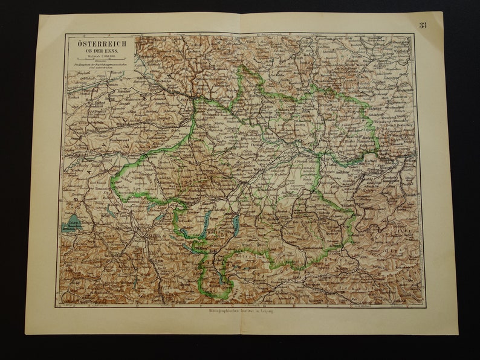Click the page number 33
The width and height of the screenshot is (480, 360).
coord(422,25)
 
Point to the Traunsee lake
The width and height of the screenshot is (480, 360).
coord(236,225)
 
